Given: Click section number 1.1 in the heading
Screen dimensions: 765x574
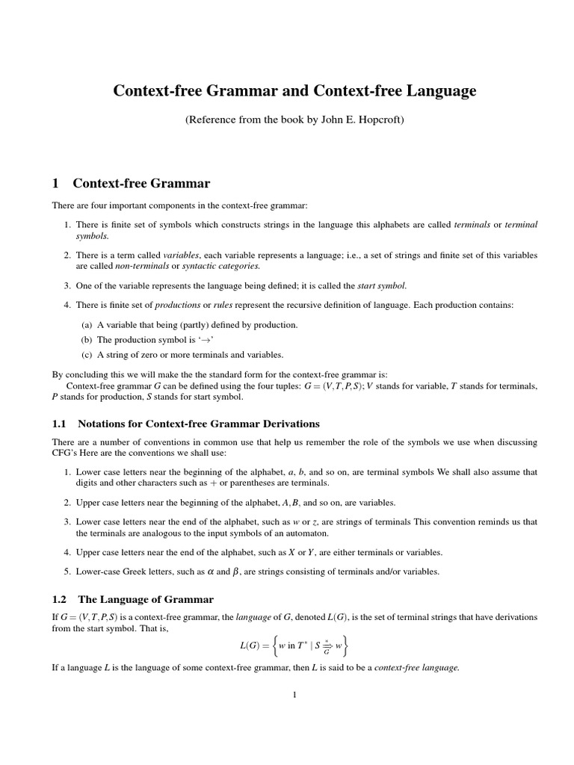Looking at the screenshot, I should [60, 424].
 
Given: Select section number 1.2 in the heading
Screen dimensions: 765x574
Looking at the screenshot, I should [60, 599].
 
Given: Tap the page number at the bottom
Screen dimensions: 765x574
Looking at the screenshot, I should [294, 696].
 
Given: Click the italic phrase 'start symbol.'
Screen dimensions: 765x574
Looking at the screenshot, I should [383, 285].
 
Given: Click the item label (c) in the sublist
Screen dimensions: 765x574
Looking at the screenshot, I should [86, 355].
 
